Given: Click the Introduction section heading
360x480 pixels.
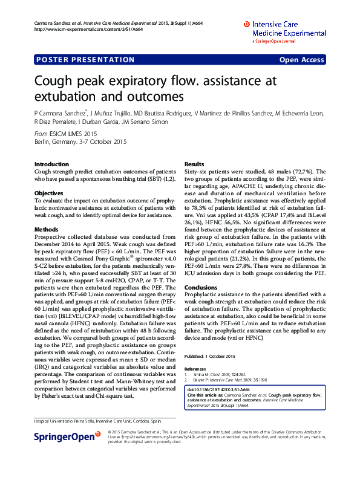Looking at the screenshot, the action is [x=52, y=164].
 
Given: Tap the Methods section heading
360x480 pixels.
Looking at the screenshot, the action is [x=47, y=230].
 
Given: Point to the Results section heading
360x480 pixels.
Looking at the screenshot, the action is [x=194, y=164].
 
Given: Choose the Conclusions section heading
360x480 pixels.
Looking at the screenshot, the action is [x=201, y=288].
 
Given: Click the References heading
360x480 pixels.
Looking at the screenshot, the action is [x=195, y=369].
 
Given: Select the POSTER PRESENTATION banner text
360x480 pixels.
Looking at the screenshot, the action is [x=85, y=60].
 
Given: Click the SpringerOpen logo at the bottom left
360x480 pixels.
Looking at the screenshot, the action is [x=64, y=435].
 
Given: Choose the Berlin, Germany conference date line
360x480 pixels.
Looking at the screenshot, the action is [x=80, y=141].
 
